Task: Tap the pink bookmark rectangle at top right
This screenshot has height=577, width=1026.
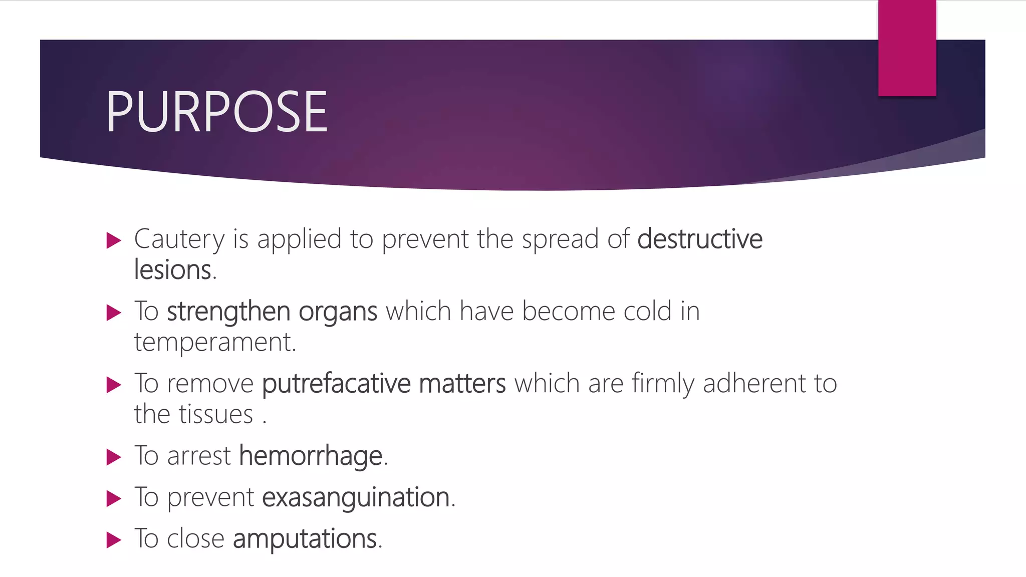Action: coord(907,48)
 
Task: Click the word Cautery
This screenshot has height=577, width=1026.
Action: coord(179,239)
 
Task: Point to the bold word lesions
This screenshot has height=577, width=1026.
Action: coord(173,270)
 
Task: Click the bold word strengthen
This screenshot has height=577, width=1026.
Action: coord(228,312)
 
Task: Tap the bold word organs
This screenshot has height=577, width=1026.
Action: coord(338,312)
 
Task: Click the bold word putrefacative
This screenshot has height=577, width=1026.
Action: coord(336,384)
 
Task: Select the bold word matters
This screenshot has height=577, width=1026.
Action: coord(462,384)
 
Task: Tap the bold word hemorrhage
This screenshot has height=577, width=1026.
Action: coord(311,456)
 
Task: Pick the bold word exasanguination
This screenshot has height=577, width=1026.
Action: coord(356,497)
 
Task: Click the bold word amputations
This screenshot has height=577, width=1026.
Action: coord(305,539)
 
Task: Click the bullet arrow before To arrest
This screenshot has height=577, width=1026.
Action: coord(114,457)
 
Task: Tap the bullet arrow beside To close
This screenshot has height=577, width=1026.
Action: coord(114,540)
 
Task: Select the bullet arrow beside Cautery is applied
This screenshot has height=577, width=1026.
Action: coord(114,240)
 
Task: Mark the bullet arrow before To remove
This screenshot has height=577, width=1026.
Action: coord(114,385)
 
